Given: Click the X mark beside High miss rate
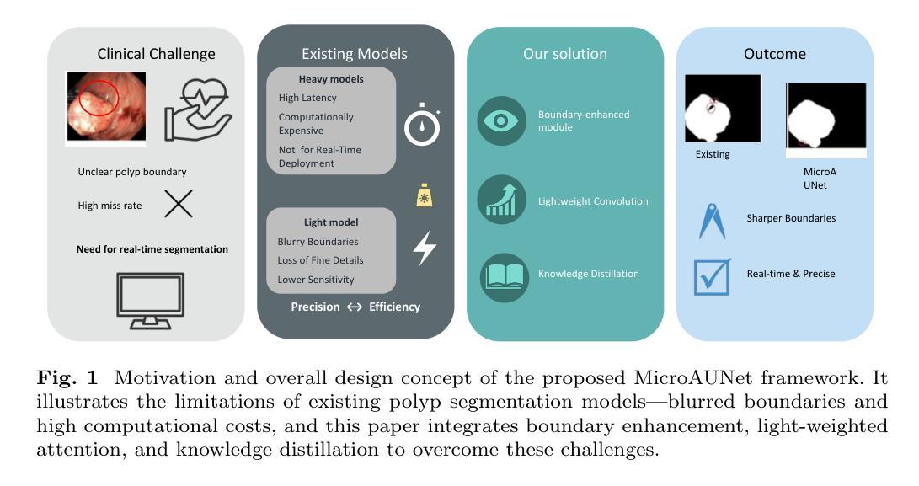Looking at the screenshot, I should pyautogui.click(x=178, y=204).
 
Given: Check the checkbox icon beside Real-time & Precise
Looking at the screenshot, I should pyautogui.click(x=713, y=276).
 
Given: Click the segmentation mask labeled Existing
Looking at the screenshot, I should pyautogui.click(x=723, y=109).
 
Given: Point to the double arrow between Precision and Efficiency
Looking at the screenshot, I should pyautogui.click(x=354, y=307).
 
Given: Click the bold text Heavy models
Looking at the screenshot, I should pyautogui.click(x=331, y=79).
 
